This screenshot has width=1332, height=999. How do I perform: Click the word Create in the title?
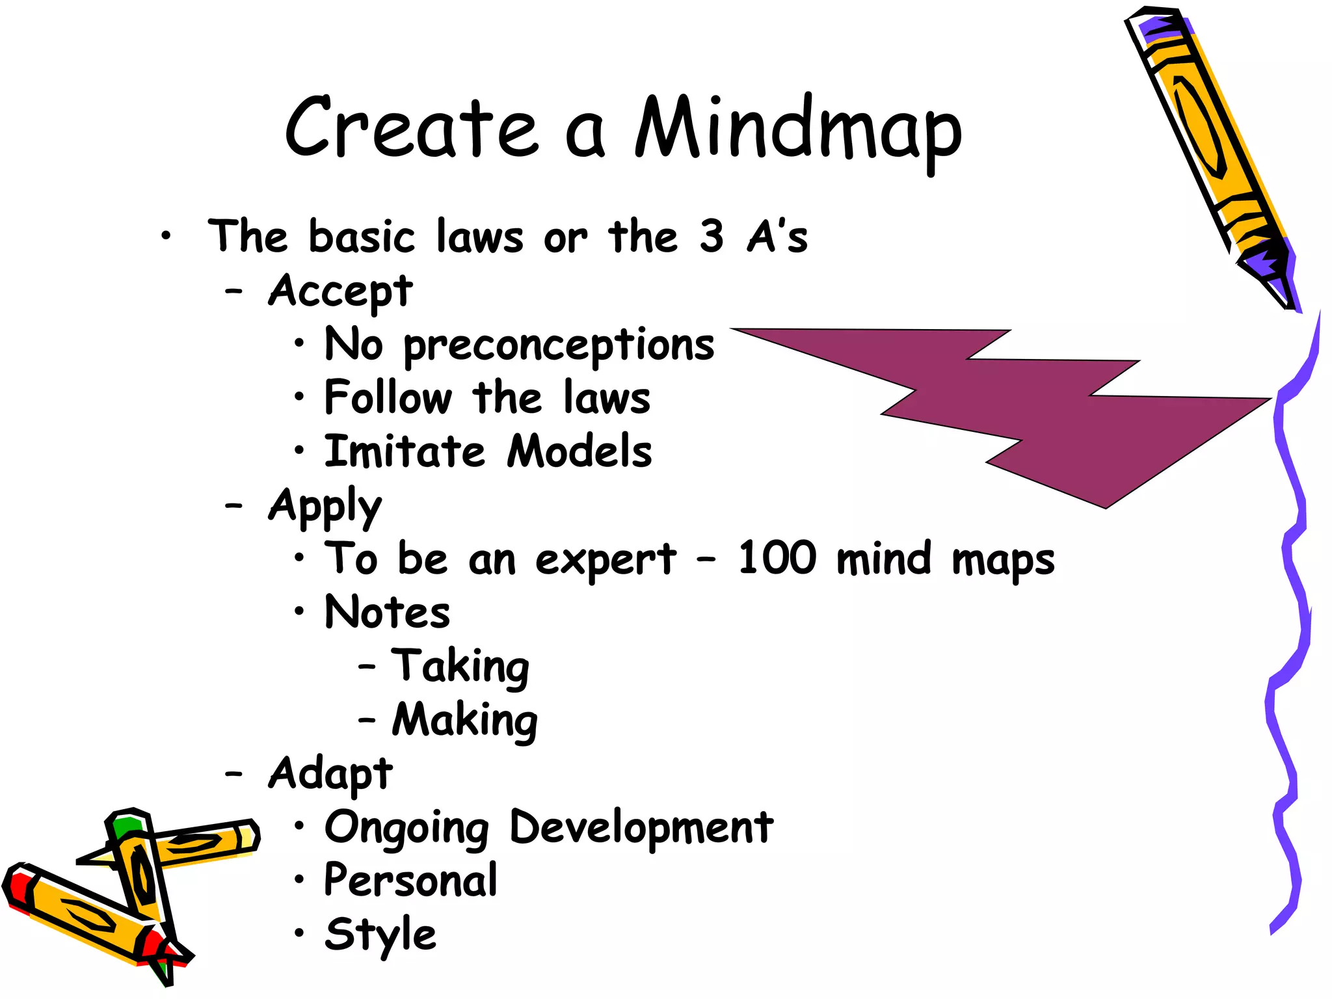[x=412, y=127]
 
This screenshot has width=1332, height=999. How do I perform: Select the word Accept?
[x=340, y=291]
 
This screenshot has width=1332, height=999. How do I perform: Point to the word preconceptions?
[x=559, y=345]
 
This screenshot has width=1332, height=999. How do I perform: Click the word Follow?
[x=388, y=397]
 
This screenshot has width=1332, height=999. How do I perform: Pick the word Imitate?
[x=405, y=451]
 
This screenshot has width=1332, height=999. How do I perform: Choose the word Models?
[x=579, y=451]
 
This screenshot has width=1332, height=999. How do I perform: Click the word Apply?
[x=325, y=506]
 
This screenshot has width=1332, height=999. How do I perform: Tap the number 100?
[x=777, y=558]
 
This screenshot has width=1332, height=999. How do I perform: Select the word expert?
[x=606, y=559]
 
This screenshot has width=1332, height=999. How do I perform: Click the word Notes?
[x=387, y=612]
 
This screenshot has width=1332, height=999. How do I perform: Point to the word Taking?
[x=460, y=667]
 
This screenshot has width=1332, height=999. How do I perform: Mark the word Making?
[x=464, y=720]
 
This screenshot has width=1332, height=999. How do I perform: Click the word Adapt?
[x=330, y=774]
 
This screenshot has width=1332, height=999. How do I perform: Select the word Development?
[x=641, y=828]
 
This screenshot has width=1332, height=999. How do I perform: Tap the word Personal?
[x=410, y=881]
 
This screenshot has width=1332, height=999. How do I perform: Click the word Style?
[x=380, y=935]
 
